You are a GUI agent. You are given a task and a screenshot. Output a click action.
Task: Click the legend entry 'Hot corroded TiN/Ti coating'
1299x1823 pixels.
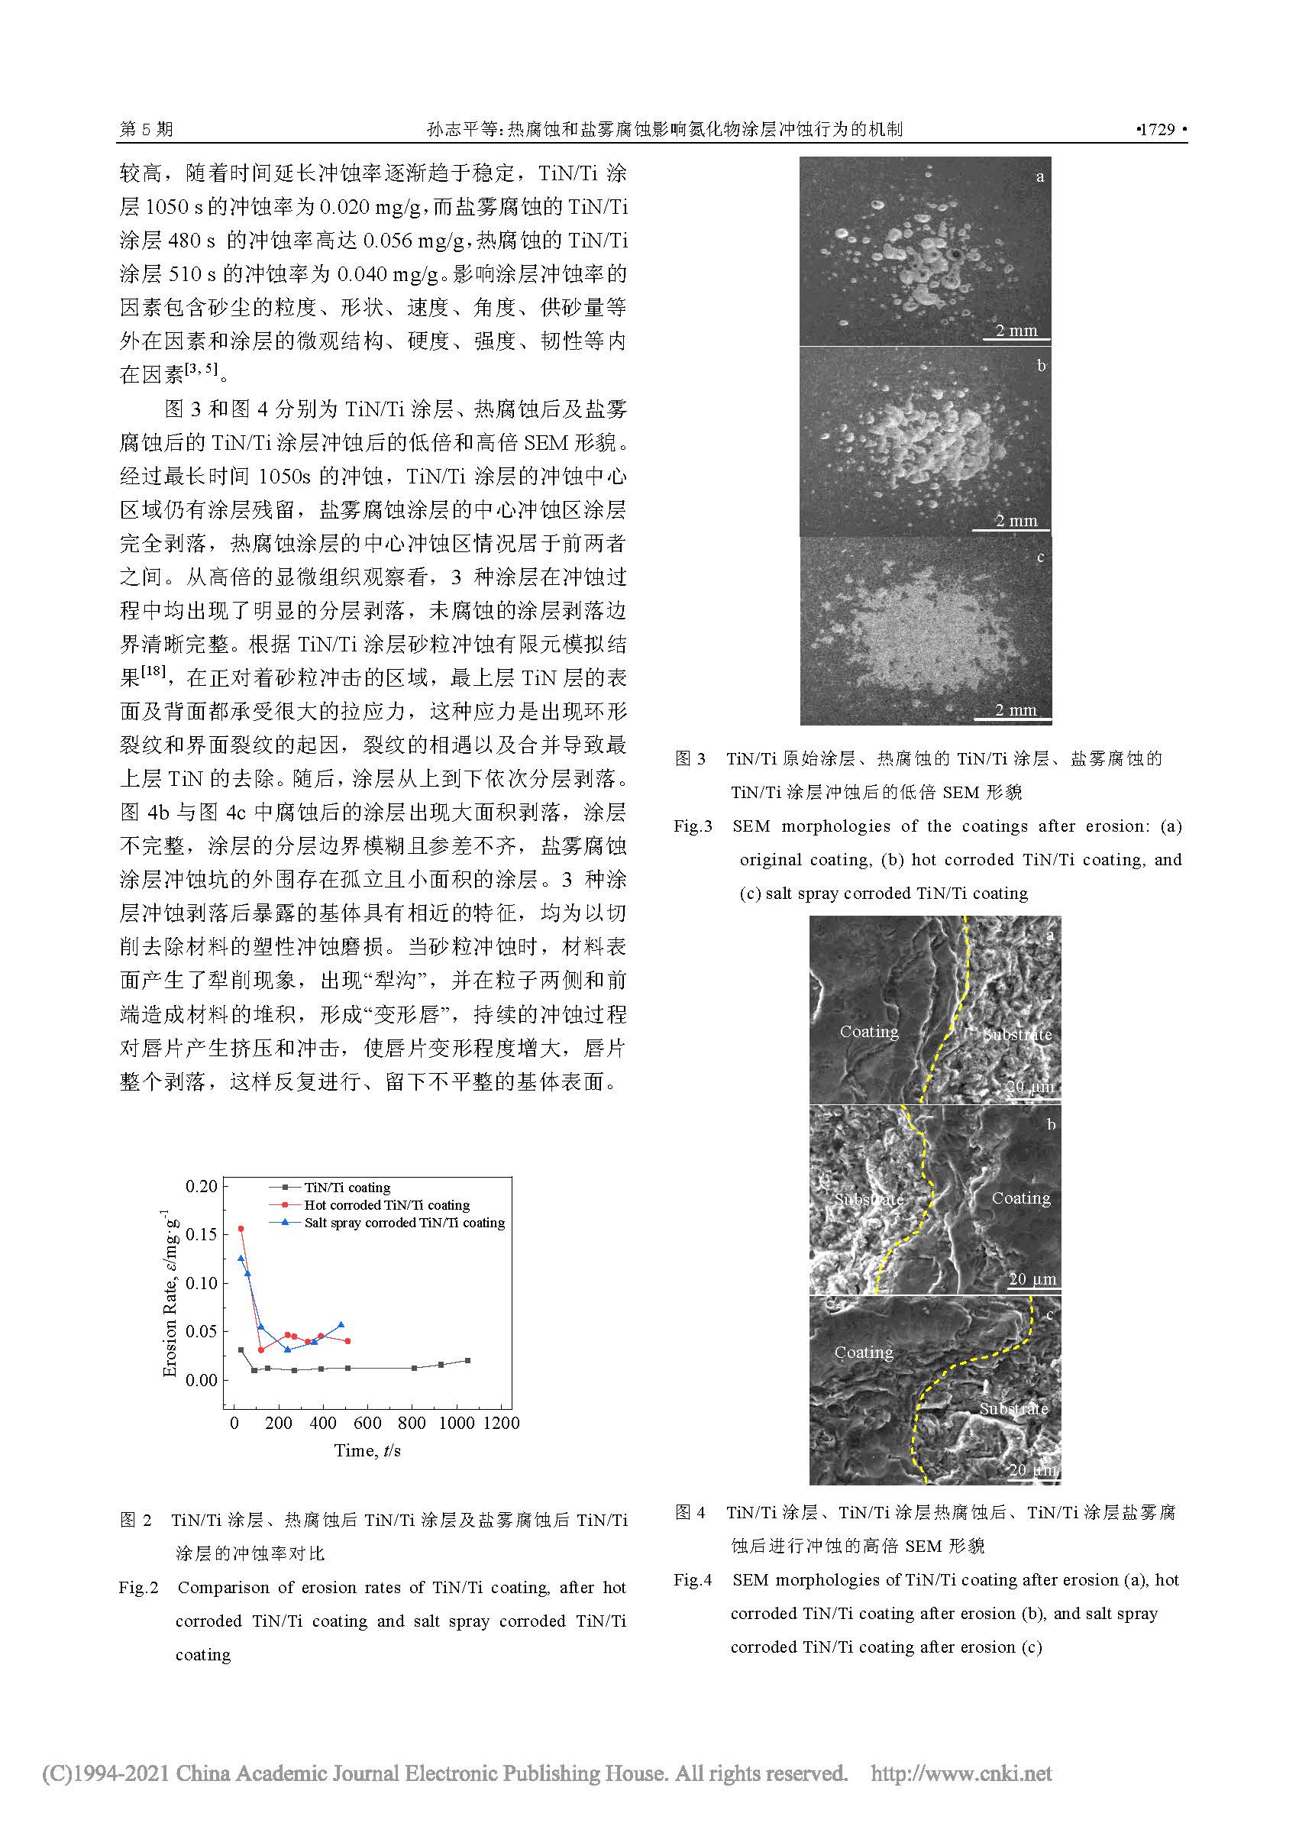click(386, 1204)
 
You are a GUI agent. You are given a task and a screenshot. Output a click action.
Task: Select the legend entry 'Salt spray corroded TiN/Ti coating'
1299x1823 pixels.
click(404, 1222)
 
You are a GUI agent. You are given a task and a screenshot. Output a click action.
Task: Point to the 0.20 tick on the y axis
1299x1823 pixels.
click(202, 1185)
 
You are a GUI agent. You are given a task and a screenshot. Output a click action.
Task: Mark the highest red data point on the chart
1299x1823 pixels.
click(241, 1229)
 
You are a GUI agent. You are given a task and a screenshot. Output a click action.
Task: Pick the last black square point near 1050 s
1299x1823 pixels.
click(468, 1360)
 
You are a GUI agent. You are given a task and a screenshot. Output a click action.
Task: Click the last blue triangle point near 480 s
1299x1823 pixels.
click(341, 1324)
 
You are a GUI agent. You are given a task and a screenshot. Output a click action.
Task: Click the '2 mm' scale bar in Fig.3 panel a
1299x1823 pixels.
click(1016, 331)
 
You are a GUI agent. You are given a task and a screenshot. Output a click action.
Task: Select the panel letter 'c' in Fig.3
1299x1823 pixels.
click(1040, 557)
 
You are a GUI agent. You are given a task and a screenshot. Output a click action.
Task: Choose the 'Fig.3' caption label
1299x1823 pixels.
click(693, 826)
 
